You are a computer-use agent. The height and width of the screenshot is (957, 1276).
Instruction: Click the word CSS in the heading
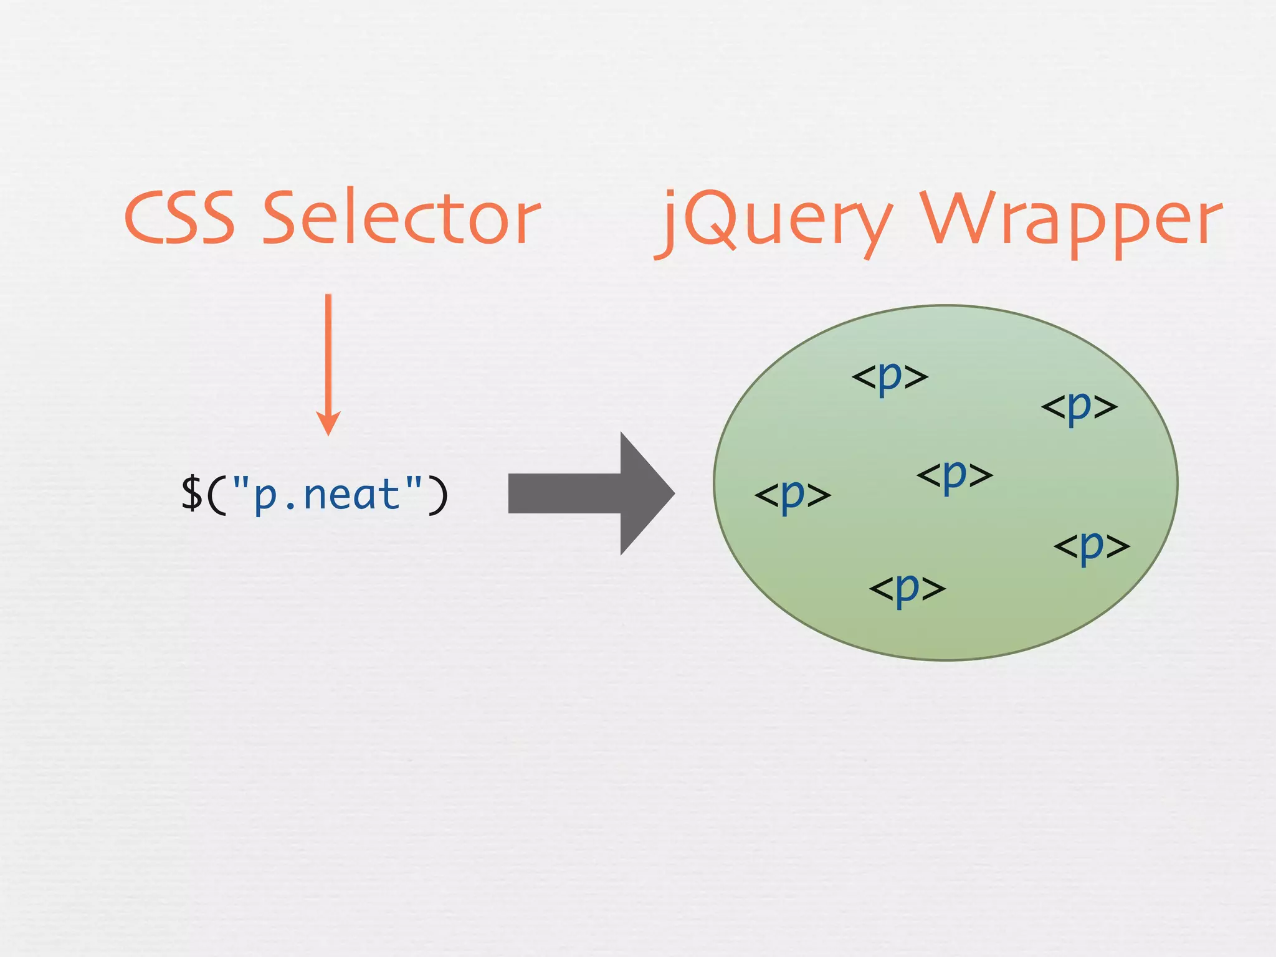point(179,218)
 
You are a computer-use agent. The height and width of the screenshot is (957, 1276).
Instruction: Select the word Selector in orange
point(402,218)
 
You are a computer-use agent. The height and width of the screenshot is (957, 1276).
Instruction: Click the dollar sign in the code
point(191,494)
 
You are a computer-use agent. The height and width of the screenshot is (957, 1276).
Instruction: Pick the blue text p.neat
point(328,496)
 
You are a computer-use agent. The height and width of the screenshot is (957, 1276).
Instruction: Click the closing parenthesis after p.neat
point(437,495)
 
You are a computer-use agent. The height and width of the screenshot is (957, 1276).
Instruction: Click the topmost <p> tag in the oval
point(890,377)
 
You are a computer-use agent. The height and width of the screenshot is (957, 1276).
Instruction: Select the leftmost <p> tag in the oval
point(793,496)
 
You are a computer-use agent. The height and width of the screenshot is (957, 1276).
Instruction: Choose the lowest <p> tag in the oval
point(907,588)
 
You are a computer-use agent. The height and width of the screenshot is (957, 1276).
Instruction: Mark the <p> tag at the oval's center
point(955,476)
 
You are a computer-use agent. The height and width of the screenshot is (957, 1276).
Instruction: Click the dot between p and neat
point(290,506)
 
